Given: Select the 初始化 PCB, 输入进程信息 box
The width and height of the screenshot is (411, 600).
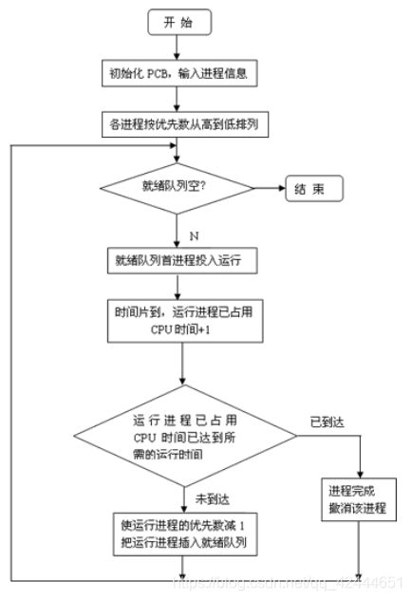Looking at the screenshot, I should (178, 73).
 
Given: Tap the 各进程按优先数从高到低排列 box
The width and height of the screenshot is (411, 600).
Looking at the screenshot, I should (178, 122).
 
